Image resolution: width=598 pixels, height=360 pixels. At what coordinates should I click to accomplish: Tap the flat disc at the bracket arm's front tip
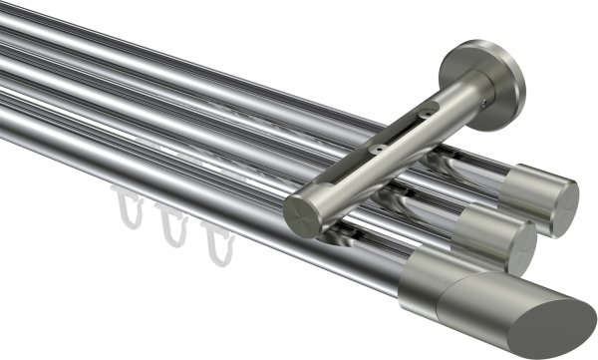tap(298, 213)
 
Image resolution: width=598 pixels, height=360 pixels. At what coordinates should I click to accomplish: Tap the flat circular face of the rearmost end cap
tap(564, 206)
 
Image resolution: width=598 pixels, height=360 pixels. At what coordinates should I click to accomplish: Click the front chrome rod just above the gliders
tap(169, 189)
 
